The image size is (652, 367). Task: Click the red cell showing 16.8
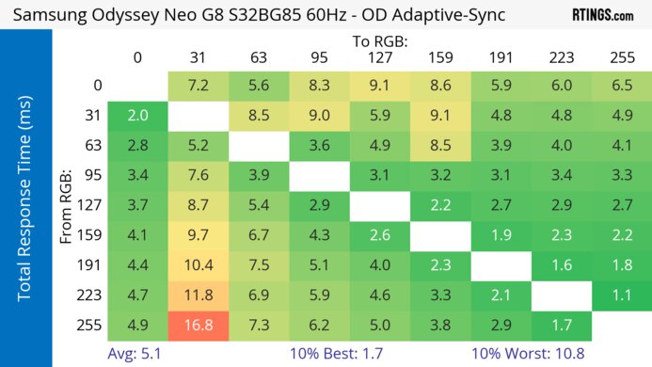(197, 327)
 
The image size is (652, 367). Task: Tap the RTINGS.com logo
(602, 15)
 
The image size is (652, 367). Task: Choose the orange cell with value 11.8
(197, 296)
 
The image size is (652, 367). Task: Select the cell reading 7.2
(197, 86)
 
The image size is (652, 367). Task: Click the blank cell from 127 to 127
(378, 206)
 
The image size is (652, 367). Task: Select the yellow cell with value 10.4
(197, 266)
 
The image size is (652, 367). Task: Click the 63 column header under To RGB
(257, 57)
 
